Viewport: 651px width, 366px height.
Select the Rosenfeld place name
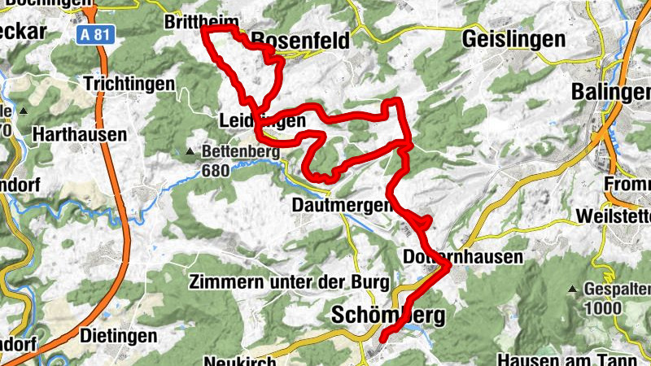[x=300, y=40]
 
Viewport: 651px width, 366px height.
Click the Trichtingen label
[x=129, y=84]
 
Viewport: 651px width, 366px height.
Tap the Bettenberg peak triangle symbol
[x=190, y=151]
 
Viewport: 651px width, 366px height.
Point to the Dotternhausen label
[x=452, y=256]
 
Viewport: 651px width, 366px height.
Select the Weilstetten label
[x=612, y=216]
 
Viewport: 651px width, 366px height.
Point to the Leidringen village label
[x=262, y=120]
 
